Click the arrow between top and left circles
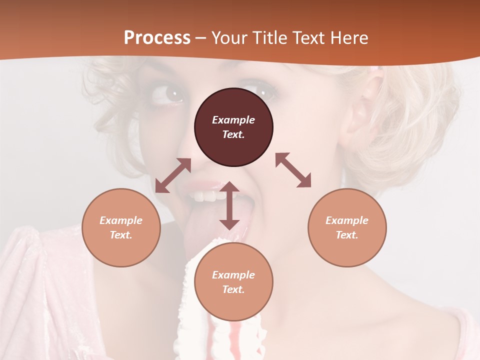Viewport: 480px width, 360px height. click(x=173, y=175)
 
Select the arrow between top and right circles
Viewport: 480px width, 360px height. click(x=293, y=170)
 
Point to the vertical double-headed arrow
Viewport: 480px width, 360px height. click(x=229, y=205)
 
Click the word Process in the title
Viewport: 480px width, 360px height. click(x=157, y=37)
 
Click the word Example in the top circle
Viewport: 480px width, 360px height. click(x=233, y=120)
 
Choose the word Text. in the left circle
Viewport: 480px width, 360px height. click(x=121, y=235)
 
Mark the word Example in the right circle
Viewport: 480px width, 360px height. click(x=347, y=220)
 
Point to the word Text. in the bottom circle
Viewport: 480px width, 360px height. click(x=233, y=289)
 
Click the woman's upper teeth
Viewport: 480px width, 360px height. click(x=205, y=195)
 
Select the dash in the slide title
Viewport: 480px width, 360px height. click(x=200, y=38)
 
